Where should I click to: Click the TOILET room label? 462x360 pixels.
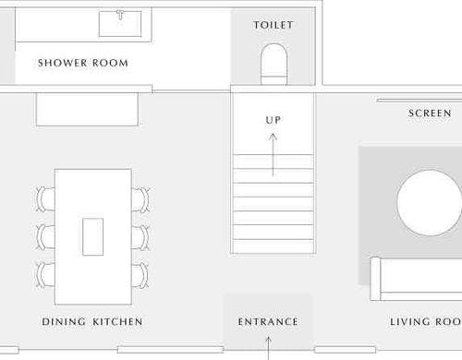tap(274, 25)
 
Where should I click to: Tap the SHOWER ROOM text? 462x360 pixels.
tap(83, 63)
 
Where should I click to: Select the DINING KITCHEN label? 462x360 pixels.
tap(92, 322)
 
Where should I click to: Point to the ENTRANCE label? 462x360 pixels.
tap(268, 322)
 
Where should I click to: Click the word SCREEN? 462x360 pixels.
tap(430, 114)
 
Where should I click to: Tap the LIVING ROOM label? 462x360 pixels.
tap(426, 322)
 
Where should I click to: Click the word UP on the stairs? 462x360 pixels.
tap(274, 120)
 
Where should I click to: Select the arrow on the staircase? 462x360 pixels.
tap(273, 155)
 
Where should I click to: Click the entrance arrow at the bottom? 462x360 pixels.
tap(268, 348)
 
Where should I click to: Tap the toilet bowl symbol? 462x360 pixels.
tap(274, 65)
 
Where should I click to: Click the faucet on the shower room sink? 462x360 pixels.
tap(120, 15)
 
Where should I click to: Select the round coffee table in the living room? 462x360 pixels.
tap(430, 203)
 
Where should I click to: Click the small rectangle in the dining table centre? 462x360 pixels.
tap(93, 236)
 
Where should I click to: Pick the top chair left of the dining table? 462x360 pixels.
tap(45, 199)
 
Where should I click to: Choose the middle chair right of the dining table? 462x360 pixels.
tap(141, 237)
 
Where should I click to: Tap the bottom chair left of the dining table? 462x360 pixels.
tap(45, 275)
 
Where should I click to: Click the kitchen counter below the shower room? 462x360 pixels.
tap(87, 109)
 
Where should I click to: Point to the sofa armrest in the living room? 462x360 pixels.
tap(375, 279)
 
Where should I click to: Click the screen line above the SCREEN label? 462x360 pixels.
tap(419, 101)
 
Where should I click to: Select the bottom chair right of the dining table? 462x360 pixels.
tap(141, 275)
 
